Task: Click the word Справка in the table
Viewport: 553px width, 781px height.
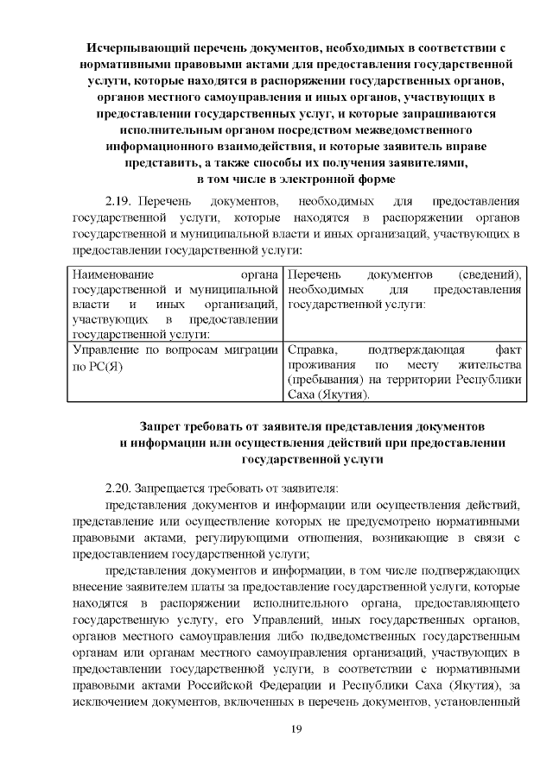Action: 312,350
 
